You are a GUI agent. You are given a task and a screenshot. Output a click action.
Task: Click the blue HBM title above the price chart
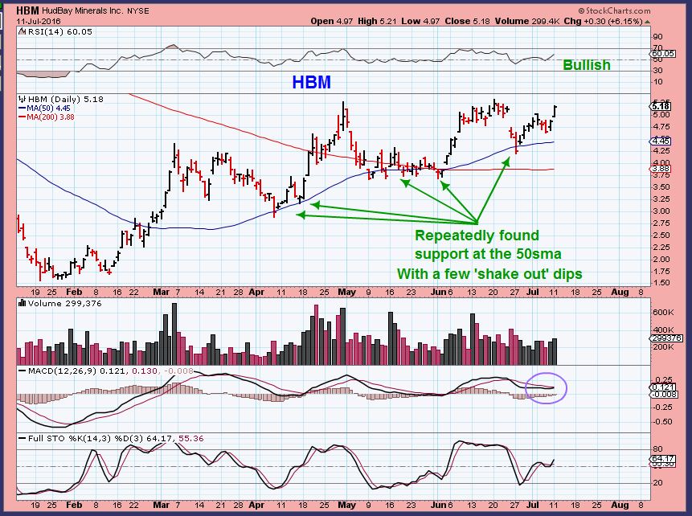coord(311,82)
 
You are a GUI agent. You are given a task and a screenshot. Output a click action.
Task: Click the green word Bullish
coord(586,65)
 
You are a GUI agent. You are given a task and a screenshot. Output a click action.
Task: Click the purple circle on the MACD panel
coord(546,387)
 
